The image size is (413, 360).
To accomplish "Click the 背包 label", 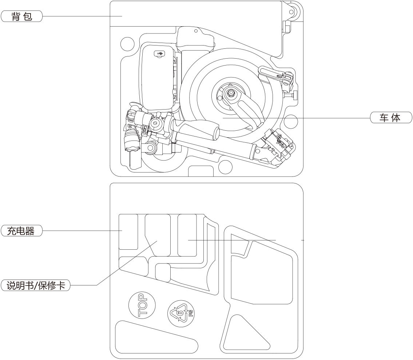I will click(22, 16).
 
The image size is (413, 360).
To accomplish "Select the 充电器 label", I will click(22, 231).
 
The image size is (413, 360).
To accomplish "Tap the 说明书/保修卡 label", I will click(35, 285).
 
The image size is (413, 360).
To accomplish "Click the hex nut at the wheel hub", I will click(231, 94).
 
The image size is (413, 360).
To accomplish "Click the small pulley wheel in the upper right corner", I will click(291, 11).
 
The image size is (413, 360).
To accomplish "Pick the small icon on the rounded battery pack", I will click(159, 54).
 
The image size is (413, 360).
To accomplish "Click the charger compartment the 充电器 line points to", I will click(128, 232).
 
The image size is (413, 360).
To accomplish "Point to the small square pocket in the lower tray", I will click(163, 273).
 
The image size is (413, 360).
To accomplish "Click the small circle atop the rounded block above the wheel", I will click(196, 31).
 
